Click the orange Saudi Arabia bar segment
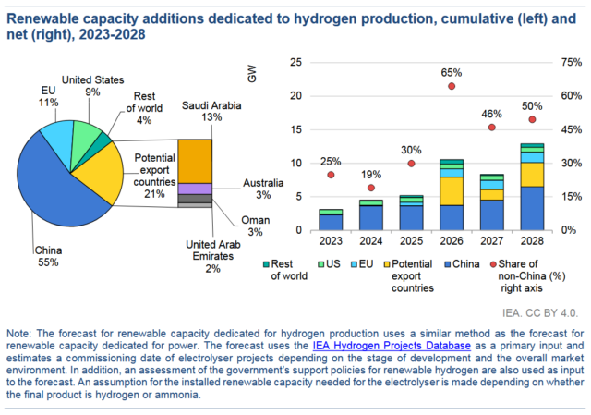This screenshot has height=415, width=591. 195,161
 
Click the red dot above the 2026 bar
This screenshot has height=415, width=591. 452,86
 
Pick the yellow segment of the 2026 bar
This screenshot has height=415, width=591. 452,190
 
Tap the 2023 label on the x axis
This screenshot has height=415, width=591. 331,242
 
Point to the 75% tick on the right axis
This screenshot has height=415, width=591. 572,63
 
